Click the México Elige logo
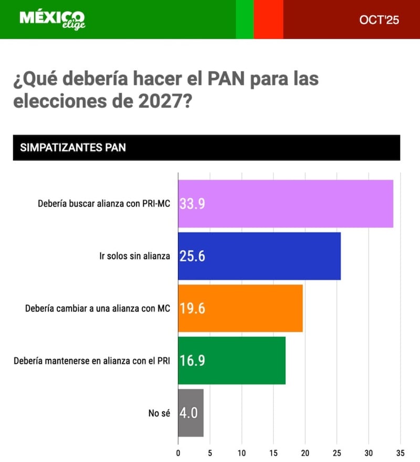click(52, 19)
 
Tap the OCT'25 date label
click(379, 20)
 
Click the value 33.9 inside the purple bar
click(192, 203)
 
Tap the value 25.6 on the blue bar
click(192, 256)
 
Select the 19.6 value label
click(192, 308)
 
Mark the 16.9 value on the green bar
click(192, 360)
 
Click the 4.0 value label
click(188, 413)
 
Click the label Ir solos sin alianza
click(134, 256)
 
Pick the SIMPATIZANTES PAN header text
click(73, 147)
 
